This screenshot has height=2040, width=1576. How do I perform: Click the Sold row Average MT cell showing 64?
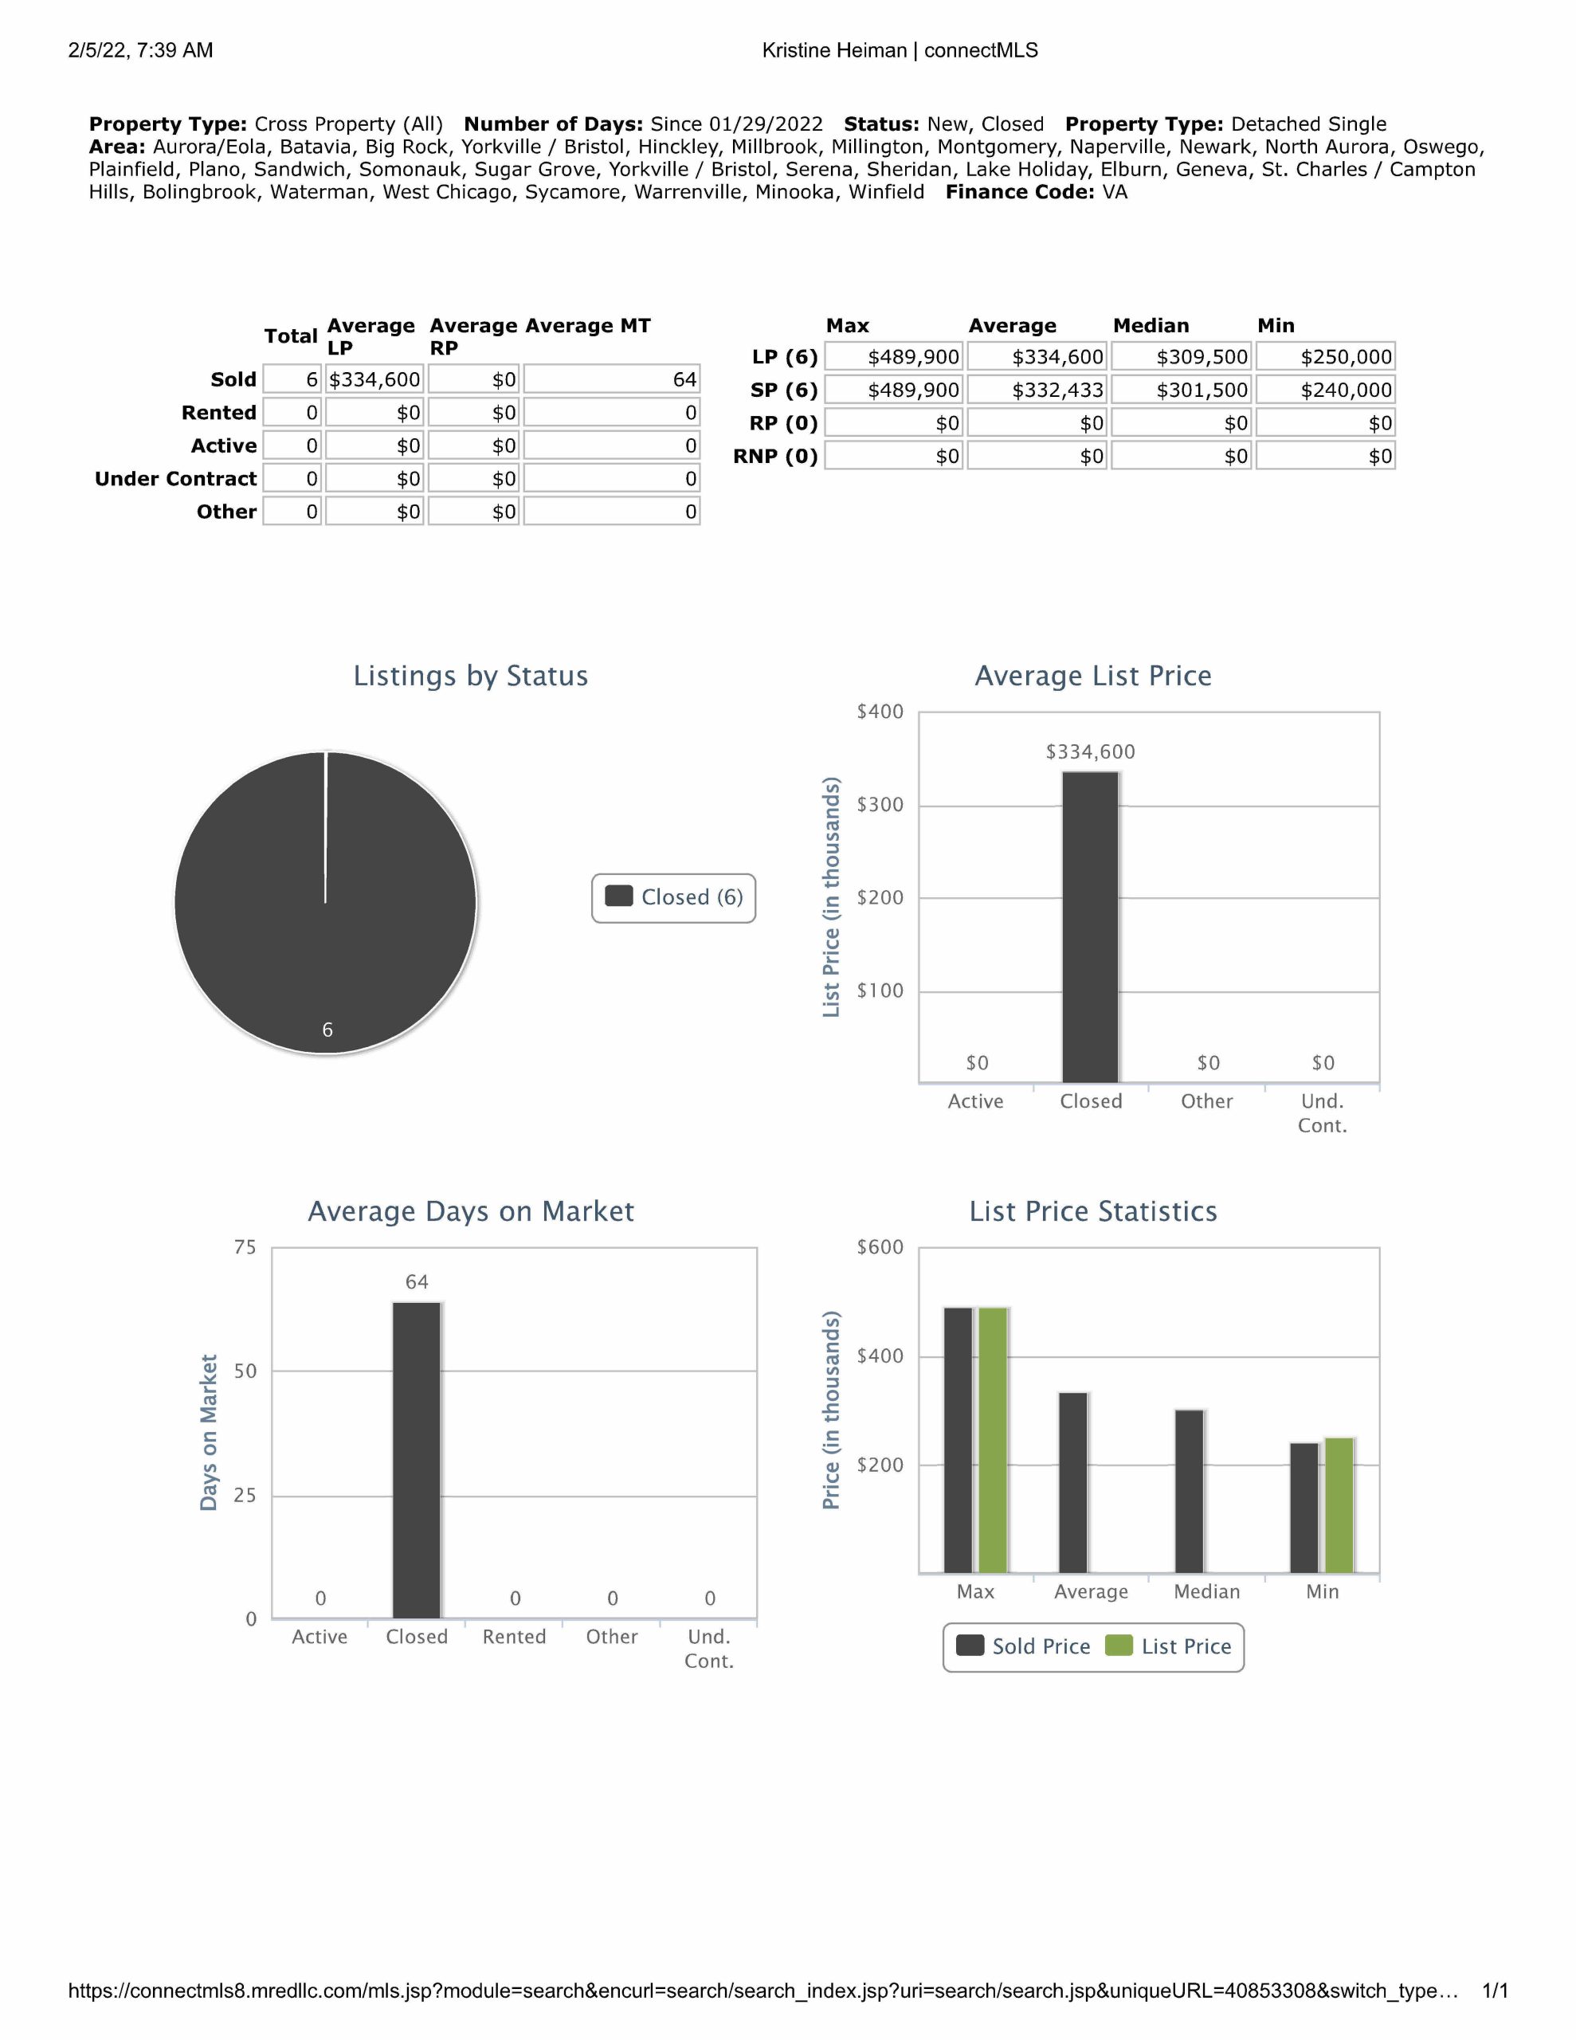[x=612, y=379]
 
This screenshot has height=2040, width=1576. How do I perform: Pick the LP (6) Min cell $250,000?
[x=1325, y=357]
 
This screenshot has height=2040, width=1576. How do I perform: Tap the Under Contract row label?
[x=175, y=479]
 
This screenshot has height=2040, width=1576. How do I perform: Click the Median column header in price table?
[x=1151, y=326]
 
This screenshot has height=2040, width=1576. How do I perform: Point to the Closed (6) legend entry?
[x=673, y=897]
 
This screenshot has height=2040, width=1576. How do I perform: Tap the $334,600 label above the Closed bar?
[x=1090, y=752]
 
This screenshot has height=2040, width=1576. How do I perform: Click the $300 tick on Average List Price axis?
[x=880, y=805]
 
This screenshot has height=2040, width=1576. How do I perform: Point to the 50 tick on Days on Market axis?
[x=245, y=1371]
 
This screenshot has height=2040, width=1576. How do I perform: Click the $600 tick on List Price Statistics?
[x=880, y=1247]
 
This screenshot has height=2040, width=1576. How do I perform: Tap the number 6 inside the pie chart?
[x=327, y=1030]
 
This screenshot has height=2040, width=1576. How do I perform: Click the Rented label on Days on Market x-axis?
[x=514, y=1637]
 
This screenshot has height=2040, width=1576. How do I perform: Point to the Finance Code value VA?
[x=1115, y=192]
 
